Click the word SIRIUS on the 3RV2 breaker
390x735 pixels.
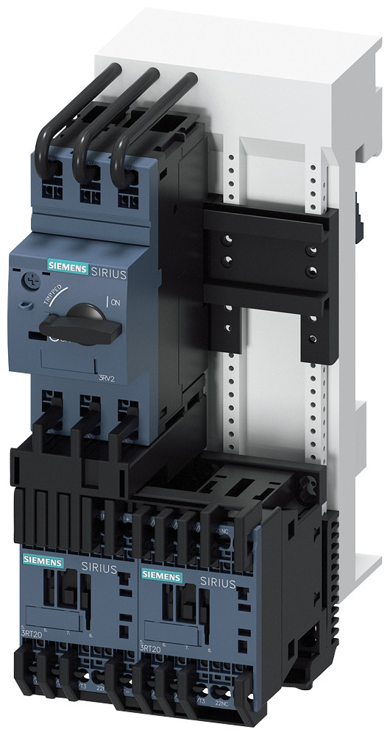point(108,272)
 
